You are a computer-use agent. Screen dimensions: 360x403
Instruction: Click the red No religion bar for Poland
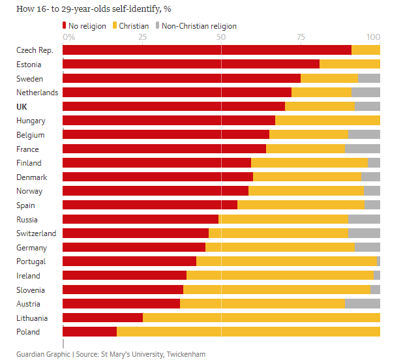[89, 331]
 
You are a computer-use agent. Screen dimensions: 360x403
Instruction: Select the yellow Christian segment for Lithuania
[261, 318]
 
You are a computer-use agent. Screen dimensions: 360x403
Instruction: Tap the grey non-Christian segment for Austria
[362, 303]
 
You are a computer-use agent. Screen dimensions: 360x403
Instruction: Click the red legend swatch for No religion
[65, 26]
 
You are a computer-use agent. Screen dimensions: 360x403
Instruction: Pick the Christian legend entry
[132, 26]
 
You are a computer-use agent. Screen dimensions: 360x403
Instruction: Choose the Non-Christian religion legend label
[199, 26]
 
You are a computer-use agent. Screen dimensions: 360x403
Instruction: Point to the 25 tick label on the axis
[142, 37]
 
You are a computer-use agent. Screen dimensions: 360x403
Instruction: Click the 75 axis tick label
[301, 37]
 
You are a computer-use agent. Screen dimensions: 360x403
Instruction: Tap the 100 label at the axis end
[374, 37]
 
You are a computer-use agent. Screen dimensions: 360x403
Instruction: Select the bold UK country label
[22, 106]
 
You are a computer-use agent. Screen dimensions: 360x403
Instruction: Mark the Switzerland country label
[36, 233]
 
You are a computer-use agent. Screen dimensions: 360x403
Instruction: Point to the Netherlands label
[37, 93]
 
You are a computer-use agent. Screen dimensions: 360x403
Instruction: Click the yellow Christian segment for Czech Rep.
[365, 50]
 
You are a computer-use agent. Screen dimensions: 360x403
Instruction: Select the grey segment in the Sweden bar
[368, 78]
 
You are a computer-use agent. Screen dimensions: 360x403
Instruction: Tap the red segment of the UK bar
[173, 106]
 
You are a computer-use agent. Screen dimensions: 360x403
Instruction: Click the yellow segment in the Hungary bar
[327, 121]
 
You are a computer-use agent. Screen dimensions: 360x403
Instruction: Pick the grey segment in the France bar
[362, 149]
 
